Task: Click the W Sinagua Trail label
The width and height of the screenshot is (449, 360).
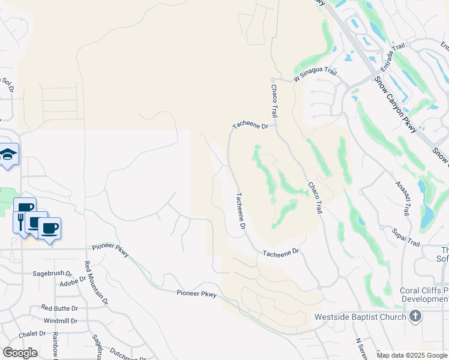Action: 315,74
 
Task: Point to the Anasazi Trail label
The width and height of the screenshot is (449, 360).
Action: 403,199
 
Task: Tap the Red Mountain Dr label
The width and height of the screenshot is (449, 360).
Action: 96,283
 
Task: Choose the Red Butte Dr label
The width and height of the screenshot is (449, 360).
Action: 59,308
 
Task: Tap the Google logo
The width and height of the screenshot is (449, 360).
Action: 20,353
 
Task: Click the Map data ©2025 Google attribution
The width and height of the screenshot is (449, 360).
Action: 412,355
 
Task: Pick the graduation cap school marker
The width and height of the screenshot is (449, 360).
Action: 8,155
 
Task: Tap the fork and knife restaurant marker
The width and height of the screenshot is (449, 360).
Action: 20,221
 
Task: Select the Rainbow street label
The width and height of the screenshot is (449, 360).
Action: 55,345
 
